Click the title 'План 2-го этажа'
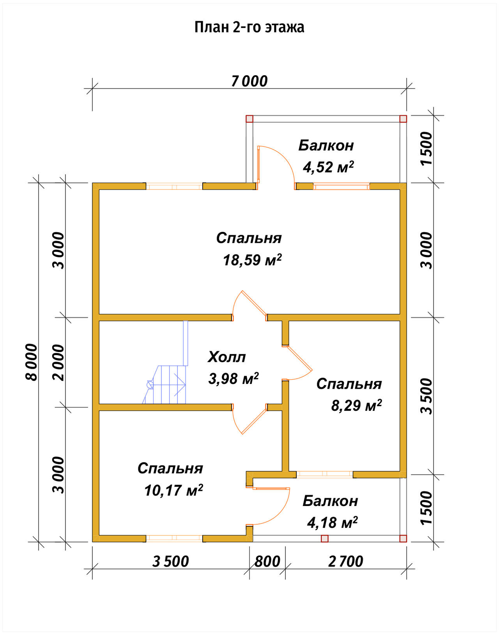[249, 27]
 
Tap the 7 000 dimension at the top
[249, 81]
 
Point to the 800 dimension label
[267, 561]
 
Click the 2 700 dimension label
[346, 561]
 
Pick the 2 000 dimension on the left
[58, 363]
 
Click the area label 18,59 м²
[252, 260]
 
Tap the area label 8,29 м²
[356, 405]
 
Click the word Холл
[227, 357]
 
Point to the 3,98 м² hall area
[234, 379]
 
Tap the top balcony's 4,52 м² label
[328, 167]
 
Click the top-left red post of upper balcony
[249, 119]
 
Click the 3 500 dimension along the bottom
[171, 561]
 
